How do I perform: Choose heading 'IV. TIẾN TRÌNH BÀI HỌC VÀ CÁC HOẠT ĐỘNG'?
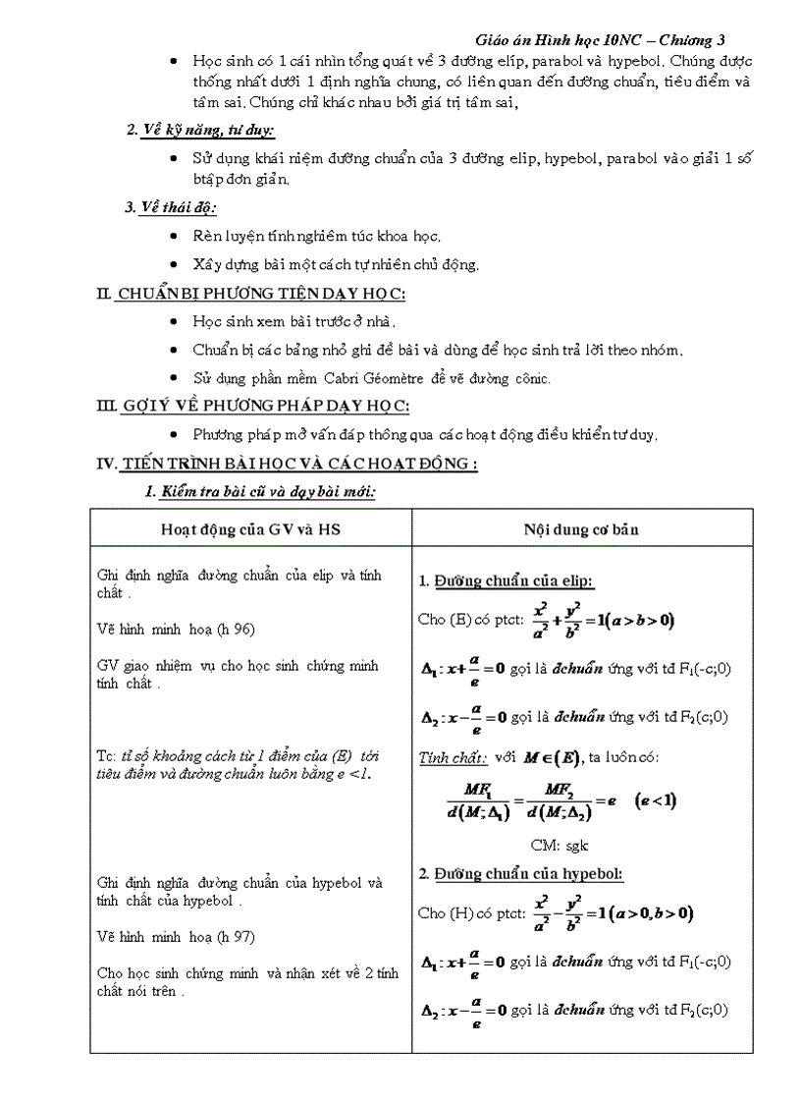pos(287,464)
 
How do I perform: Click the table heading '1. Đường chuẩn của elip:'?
pos(506,581)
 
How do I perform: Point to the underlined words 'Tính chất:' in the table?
pos(453,757)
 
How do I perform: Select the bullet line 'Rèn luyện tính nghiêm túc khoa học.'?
pos(316,236)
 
